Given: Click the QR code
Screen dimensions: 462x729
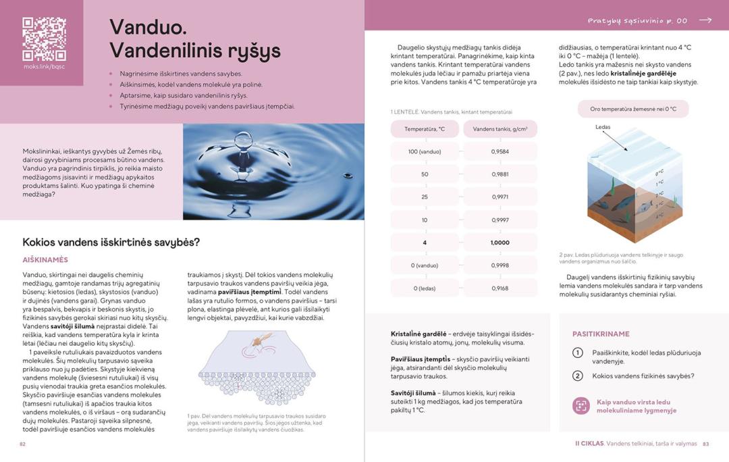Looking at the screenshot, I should point(44,38).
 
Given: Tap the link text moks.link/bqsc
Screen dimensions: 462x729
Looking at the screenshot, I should point(44,66).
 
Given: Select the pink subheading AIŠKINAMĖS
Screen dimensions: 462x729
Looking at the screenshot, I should point(45,259).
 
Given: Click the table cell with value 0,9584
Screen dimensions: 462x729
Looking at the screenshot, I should point(500,151).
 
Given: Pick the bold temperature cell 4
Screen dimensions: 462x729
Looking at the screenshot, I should point(425,242).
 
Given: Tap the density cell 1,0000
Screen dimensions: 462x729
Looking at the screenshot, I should point(500,242).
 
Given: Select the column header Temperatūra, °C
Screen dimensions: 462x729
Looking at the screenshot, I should point(425,128).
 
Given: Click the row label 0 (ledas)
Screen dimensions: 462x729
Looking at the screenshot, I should point(425,288).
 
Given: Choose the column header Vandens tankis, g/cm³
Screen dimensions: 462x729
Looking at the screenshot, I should point(500,128).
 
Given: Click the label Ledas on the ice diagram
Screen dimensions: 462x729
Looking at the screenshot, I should point(603,127).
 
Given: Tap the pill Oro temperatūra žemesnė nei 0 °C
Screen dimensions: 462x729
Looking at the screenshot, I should point(633,109).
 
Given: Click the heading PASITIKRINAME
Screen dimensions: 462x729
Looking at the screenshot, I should point(601,334).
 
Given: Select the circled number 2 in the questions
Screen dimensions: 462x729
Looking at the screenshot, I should point(578,376).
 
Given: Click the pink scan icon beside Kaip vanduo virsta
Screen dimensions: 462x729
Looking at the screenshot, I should point(580,406).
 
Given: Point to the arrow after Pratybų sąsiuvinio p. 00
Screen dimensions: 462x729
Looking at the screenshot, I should point(705,20).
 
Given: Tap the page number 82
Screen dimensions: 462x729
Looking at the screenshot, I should point(22,444).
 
